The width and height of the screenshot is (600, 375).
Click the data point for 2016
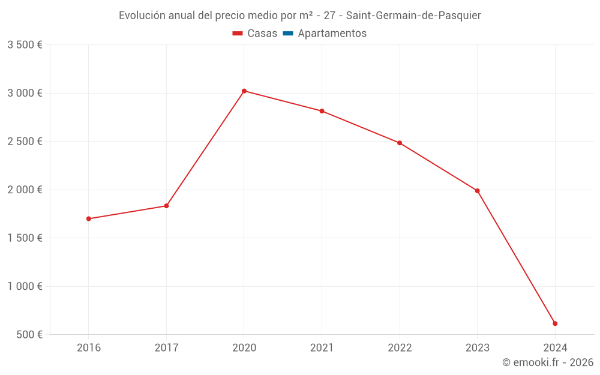click(x=89, y=218)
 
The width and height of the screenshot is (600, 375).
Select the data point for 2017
click(x=166, y=206)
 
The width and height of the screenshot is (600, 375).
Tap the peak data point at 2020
click(x=244, y=91)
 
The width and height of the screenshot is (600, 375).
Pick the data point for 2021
click(x=322, y=111)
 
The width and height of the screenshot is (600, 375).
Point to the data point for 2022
click(x=400, y=143)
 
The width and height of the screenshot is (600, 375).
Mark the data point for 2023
click(x=477, y=191)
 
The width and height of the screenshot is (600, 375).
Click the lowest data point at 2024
click(x=555, y=323)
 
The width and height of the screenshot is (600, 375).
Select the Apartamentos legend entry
click(x=332, y=34)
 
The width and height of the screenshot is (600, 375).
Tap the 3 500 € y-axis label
click(x=25, y=45)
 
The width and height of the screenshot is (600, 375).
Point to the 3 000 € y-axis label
click(x=25, y=93)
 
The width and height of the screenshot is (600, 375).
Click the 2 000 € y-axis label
click(x=25, y=190)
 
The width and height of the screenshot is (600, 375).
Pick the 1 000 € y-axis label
click(x=25, y=286)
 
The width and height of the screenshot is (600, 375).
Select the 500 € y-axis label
click(x=28, y=334)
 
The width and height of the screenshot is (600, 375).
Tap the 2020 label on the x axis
click(x=244, y=347)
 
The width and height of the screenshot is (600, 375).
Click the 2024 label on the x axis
click(x=555, y=347)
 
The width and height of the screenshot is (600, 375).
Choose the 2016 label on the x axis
click(x=89, y=347)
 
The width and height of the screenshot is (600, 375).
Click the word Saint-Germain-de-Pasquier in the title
click(x=413, y=16)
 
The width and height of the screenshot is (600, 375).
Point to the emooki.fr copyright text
click(x=548, y=362)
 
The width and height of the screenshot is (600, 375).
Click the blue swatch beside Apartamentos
click(x=287, y=34)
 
